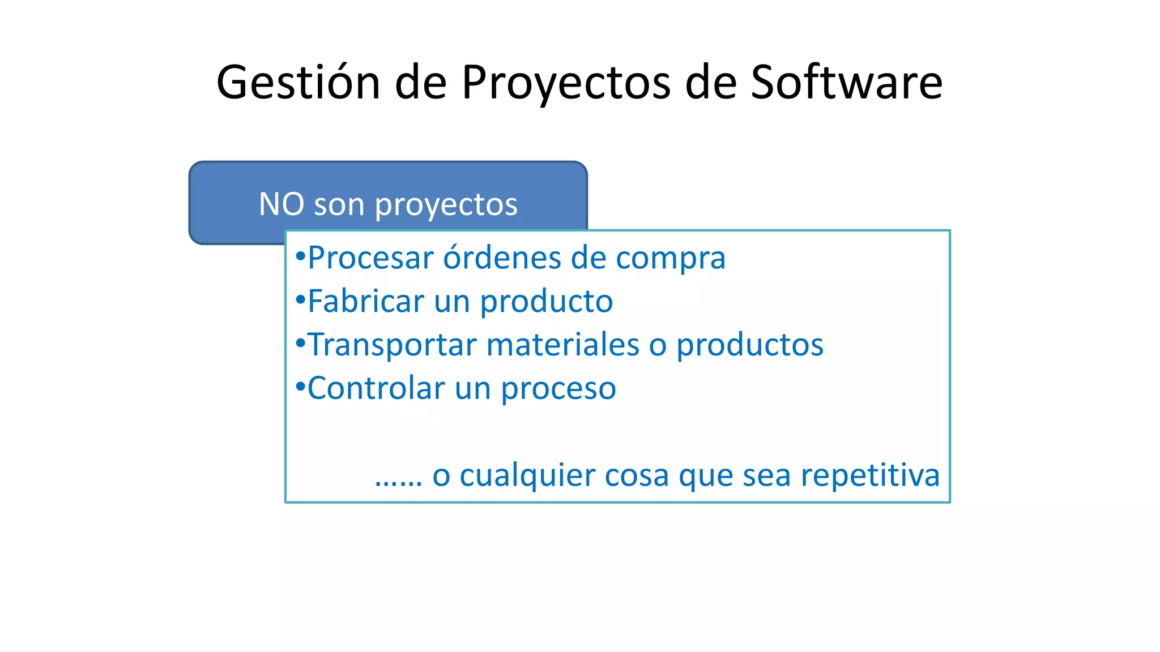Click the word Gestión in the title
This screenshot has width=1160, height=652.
click(x=298, y=83)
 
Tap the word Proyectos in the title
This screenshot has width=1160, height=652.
click(x=566, y=83)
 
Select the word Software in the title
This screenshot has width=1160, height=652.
click(x=846, y=83)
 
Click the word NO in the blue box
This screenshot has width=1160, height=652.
click(x=282, y=204)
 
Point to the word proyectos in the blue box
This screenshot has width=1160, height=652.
click(x=446, y=205)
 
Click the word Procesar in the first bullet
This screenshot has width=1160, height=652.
click(x=370, y=258)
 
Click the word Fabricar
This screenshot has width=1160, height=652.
click(x=366, y=301)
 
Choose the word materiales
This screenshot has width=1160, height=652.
click(x=562, y=345)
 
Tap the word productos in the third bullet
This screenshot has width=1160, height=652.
click(x=749, y=345)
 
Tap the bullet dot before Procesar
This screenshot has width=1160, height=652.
click(x=301, y=256)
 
